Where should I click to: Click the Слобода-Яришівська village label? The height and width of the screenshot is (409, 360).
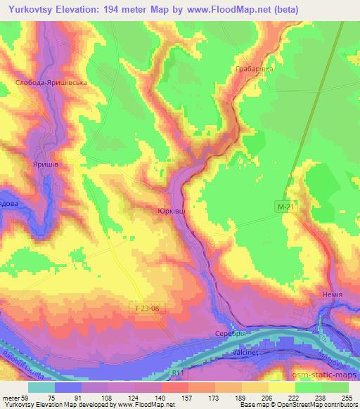[51, 83]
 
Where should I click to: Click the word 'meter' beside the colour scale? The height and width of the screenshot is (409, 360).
[13, 397]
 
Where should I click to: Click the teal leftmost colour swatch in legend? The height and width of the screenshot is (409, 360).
[41, 387]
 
